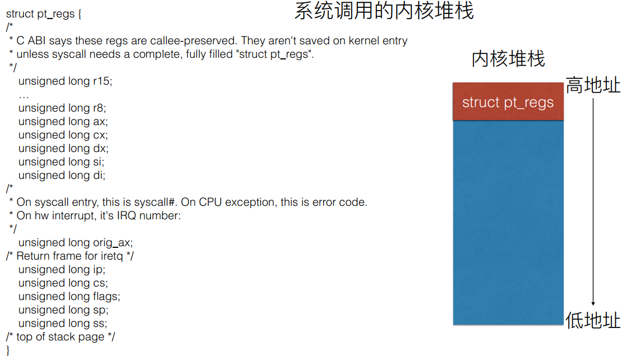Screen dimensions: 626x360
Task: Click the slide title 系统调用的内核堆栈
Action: pyautogui.click(x=384, y=12)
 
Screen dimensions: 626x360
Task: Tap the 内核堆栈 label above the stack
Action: pyautogui.click(x=508, y=59)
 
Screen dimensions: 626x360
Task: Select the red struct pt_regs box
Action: pyautogui.click(x=508, y=102)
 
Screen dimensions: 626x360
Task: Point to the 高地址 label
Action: pyautogui.click(x=593, y=86)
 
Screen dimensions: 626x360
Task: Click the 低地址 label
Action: pyautogui.click(x=593, y=321)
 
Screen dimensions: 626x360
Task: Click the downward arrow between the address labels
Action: pyautogui.click(x=593, y=202)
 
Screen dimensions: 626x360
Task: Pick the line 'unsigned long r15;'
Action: pyautogui.click(x=65, y=81)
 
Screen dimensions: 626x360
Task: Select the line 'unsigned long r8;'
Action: pyautogui.click(x=62, y=108)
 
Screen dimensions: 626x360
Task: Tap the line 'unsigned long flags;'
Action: pyautogui.click(x=69, y=296)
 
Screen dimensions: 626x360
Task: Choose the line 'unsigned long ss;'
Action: pyautogui.click(x=62, y=324)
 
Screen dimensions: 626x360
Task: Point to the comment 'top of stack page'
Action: pyautogui.click(x=65, y=337)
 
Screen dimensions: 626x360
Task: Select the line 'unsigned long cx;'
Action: pyautogui.click(x=63, y=135)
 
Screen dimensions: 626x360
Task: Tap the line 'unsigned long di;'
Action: pyautogui.click(x=62, y=176)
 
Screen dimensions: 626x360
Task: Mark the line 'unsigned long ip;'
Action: pyautogui.click(x=62, y=270)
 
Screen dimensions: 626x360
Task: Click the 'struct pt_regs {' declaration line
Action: pyautogui.click(x=44, y=14)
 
